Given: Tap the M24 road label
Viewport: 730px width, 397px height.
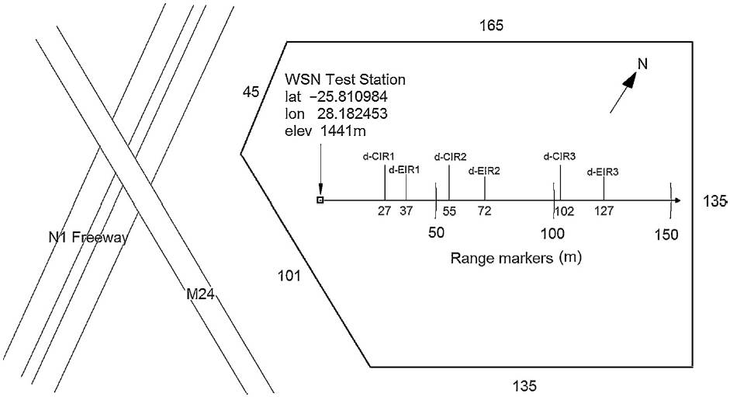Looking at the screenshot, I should click(x=199, y=294).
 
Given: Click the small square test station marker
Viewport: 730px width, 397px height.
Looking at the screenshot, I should click(x=319, y=200).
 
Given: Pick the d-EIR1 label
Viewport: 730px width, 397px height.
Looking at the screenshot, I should click(x=404, y=169).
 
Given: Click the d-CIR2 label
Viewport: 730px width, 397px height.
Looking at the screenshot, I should click(x=450, y=156).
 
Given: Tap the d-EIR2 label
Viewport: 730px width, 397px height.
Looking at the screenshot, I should click(x=484, y=170).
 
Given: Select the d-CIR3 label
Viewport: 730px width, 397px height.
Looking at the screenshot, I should click(x=559, y=156).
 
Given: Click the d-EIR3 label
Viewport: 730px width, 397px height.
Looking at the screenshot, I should click(x=603, y=172).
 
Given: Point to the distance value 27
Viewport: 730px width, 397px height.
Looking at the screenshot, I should click(x=384, y=211).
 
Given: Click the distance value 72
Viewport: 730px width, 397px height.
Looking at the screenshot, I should click(x=484, y=211).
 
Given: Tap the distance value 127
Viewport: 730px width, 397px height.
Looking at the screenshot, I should click(x=604, y=211).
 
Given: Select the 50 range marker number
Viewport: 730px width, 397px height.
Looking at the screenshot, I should click(x=437, y=233).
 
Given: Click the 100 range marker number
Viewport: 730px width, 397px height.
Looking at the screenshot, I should click(x=552, y=233).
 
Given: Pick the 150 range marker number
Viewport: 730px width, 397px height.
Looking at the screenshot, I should click(x=666, y=234).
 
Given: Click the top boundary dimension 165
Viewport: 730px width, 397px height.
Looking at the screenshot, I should click(x=491, y=26).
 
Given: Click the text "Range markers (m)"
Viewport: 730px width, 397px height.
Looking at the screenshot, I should click(x=516, y=256).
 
